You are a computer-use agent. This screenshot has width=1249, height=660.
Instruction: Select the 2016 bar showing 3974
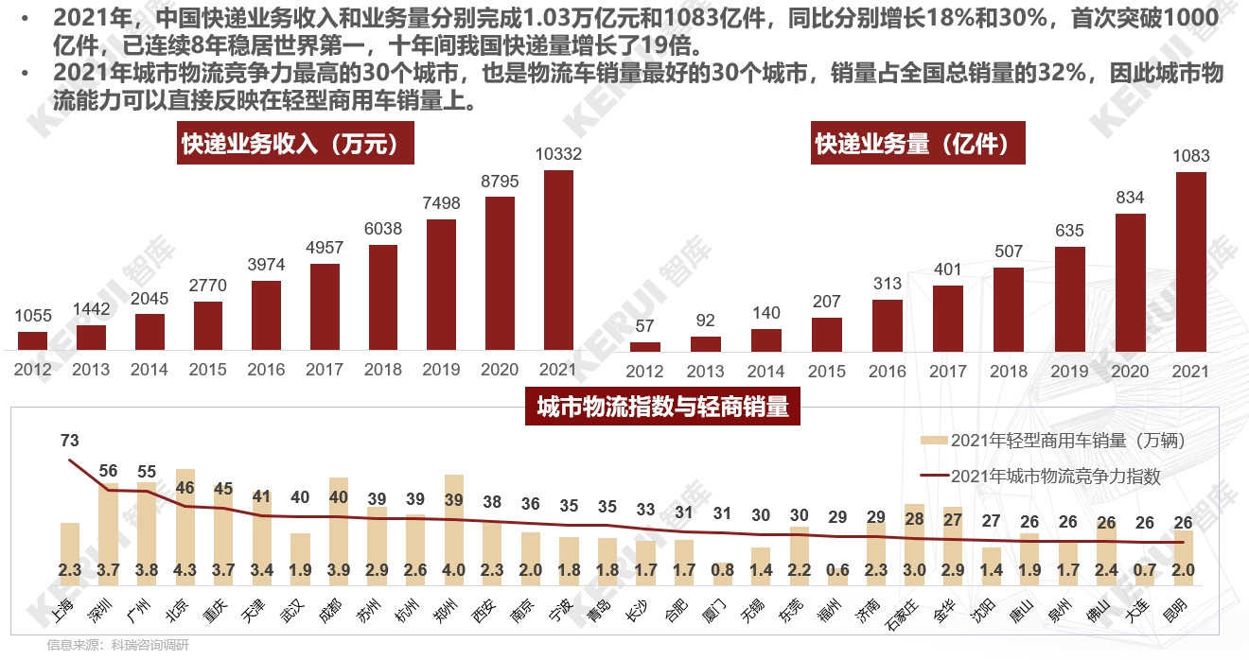pos(267,316)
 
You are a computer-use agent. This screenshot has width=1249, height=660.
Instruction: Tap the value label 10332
pos(558,154)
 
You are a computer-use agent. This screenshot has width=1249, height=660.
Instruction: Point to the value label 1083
pos(1190,156)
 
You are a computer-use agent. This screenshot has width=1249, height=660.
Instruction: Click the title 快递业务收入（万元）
pos(285,144)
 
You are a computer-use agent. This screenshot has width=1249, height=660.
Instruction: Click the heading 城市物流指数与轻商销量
pos(661,408)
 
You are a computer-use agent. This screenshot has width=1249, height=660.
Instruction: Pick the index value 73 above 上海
pos(70,441)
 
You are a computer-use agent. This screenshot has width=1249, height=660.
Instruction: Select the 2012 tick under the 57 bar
pos(645,372)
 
